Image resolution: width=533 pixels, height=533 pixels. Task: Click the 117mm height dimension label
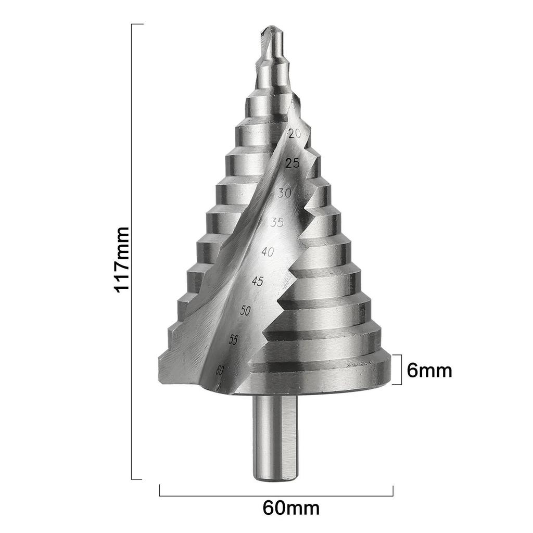[x=121, y=259]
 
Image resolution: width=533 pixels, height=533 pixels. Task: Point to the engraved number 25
[x=293, y=163]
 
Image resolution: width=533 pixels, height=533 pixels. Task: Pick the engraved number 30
[x=284, y=193]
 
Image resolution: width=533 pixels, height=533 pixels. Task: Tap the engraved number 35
[x=277, y=223]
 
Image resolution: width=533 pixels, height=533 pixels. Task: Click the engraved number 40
[x=268, y=252]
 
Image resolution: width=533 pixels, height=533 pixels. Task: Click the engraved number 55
[x=234, y=340]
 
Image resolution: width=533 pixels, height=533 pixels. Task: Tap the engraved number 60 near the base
[x=220, y=370]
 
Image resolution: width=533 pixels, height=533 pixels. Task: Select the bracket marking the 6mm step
[x=400, y=370]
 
